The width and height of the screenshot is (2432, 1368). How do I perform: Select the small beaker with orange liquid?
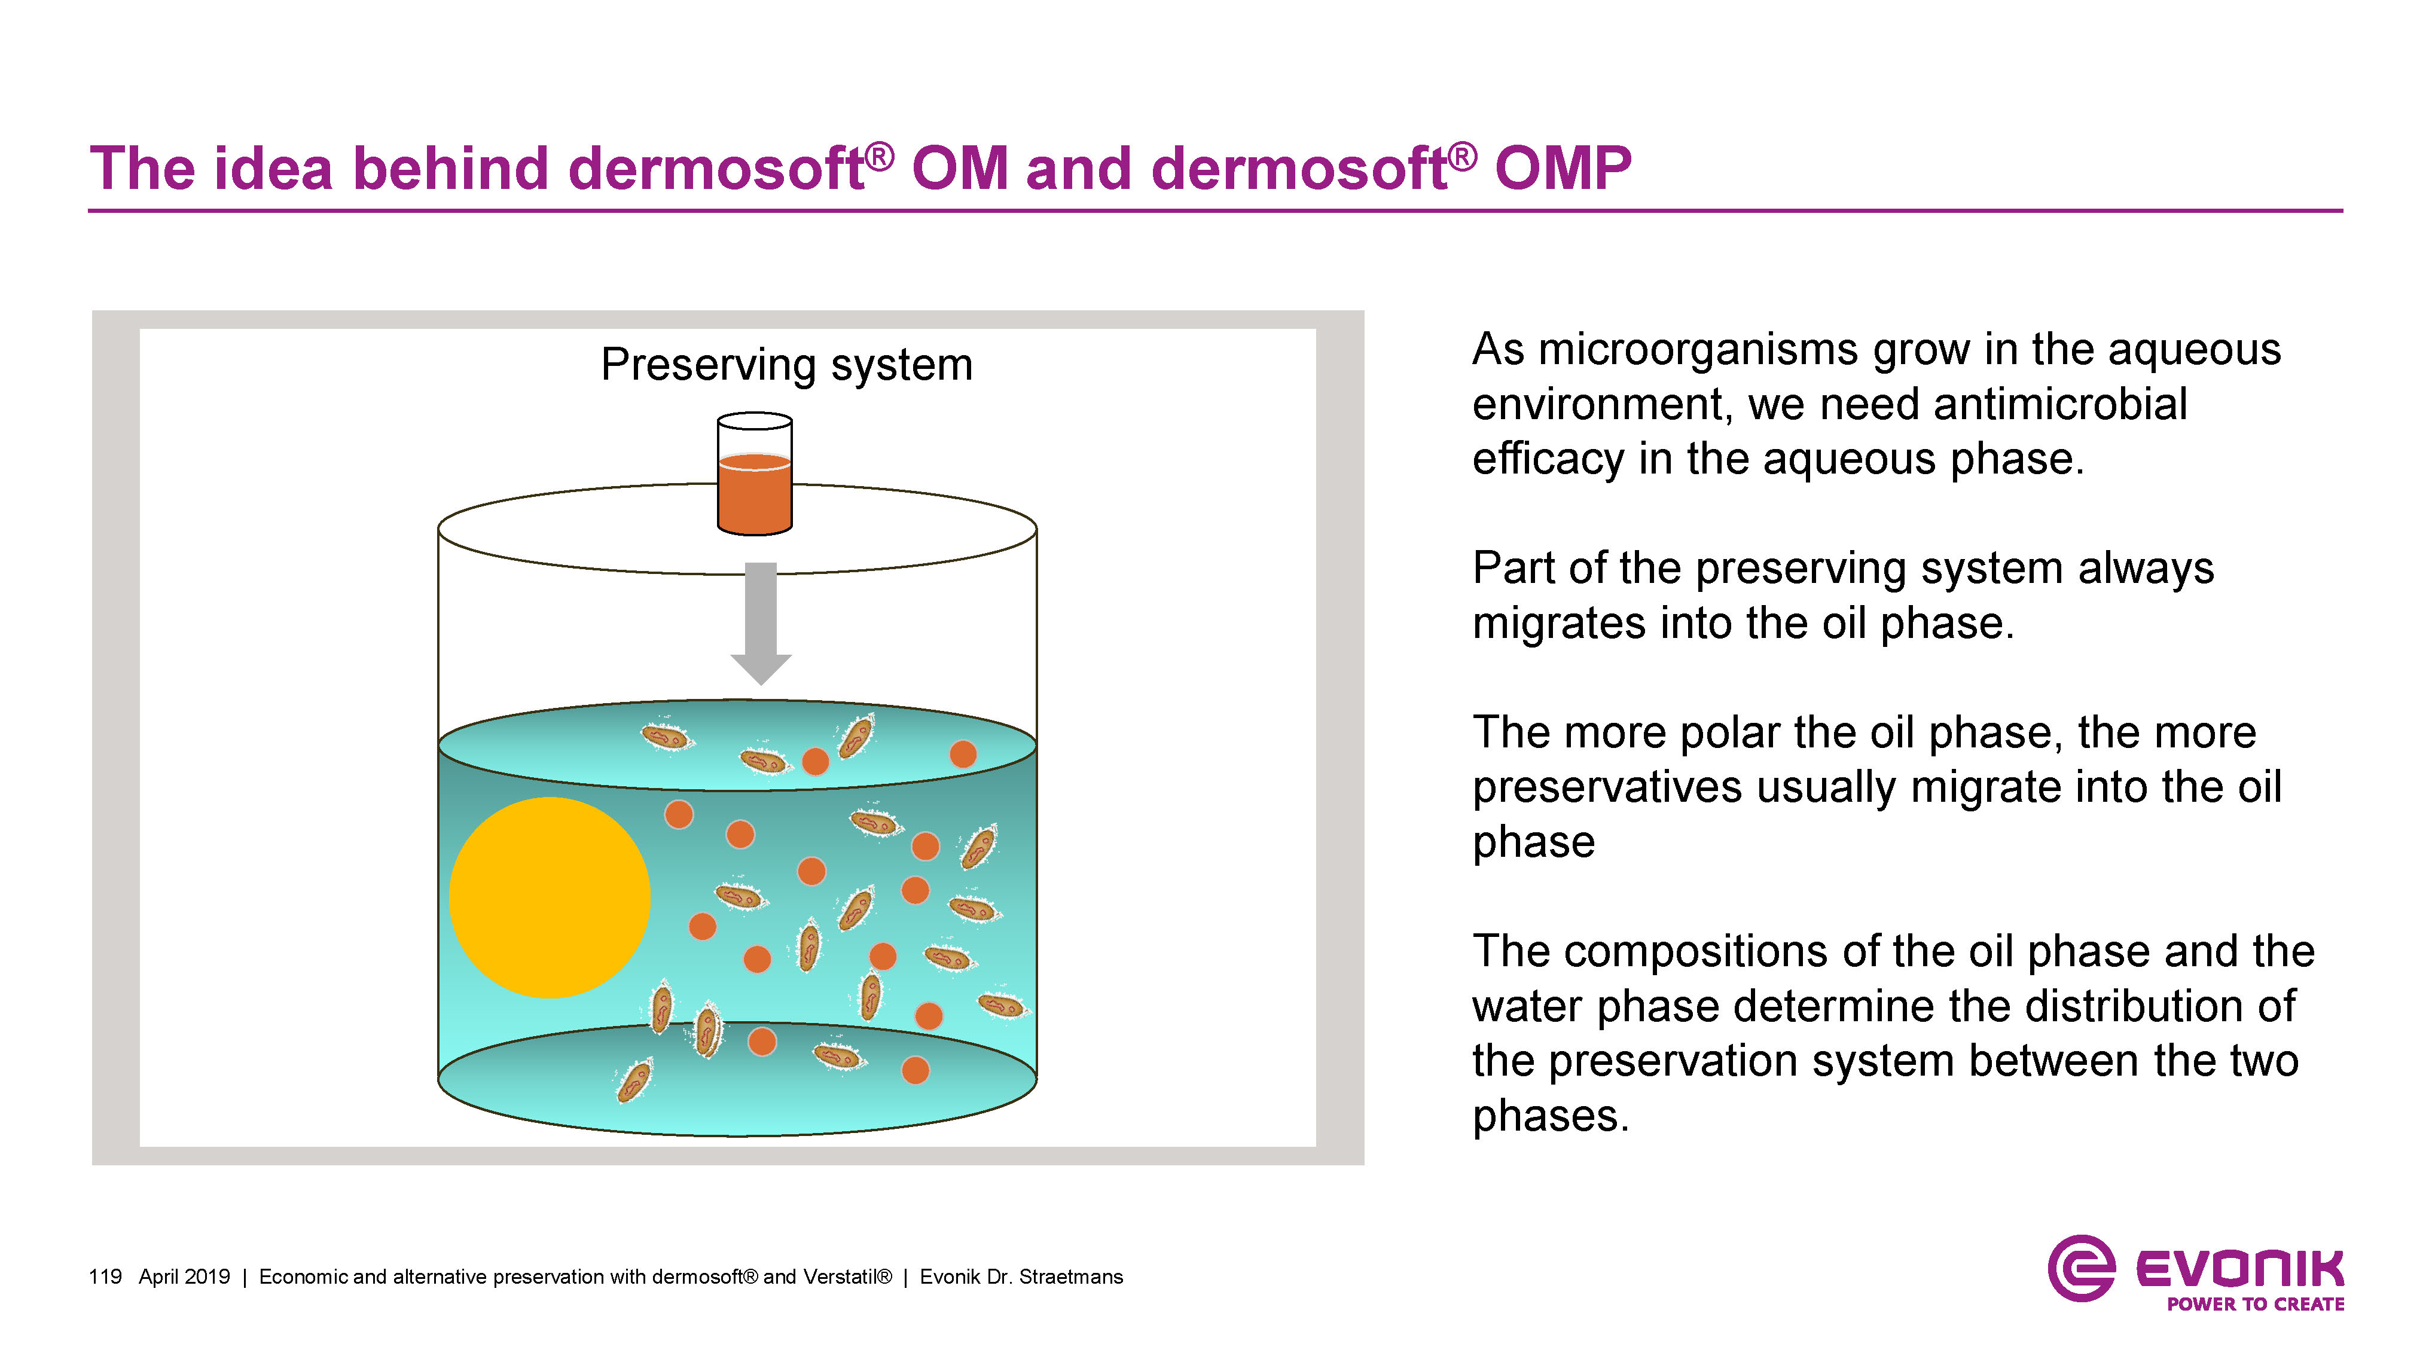(754, 475)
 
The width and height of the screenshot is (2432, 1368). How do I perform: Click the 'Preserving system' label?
(786, 365)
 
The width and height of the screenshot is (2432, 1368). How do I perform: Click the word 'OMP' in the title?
(1563, 169)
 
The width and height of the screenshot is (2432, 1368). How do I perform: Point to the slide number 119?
(105, 1277)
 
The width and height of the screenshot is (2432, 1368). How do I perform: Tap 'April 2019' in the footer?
(184, 1277)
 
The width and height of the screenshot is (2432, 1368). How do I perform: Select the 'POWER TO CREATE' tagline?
(2254, 1304)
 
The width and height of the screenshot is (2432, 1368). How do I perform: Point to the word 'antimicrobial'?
(2060, 404)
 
